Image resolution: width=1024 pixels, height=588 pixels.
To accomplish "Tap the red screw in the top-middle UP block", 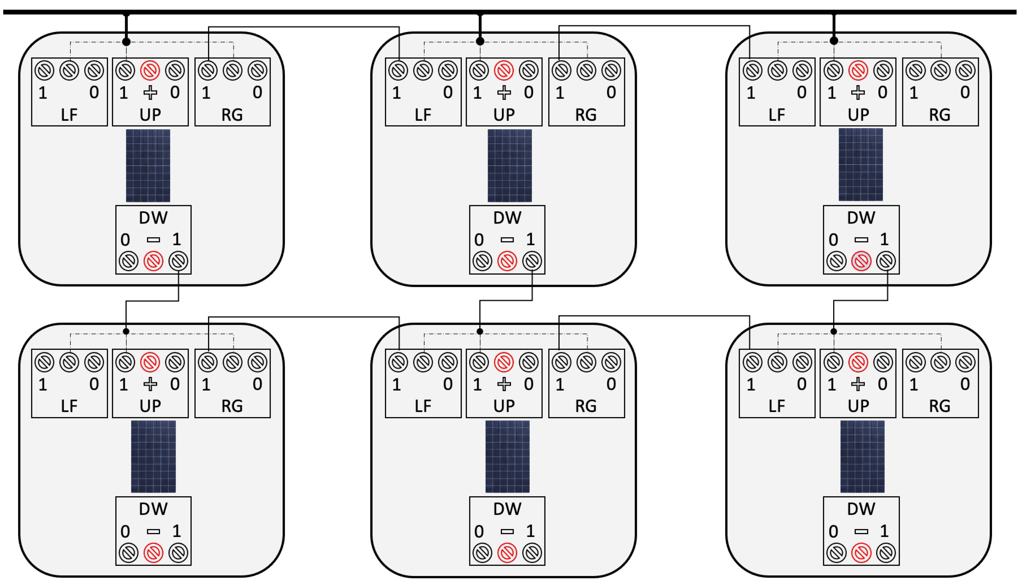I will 504,71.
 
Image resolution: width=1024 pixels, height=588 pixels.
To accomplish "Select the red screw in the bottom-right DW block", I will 861,553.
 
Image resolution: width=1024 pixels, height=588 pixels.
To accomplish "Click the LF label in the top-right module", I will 777,115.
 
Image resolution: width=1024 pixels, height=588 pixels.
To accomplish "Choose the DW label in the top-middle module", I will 507,218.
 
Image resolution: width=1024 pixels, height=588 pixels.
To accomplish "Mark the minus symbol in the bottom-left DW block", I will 153,531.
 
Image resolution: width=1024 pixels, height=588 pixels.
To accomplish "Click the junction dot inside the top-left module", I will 126,42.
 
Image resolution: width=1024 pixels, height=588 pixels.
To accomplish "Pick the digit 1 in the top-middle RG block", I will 560,93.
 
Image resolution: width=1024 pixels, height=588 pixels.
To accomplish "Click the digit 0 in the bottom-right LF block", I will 802,384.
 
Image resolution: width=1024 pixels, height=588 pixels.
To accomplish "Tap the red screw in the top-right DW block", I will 861,261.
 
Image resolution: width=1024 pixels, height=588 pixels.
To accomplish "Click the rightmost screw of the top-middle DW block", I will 532,261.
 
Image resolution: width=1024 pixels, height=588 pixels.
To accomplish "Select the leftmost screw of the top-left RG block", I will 208,71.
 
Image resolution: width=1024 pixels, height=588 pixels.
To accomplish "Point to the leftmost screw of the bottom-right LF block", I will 752,362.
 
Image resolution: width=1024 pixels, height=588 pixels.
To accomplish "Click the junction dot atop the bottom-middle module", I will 480,331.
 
